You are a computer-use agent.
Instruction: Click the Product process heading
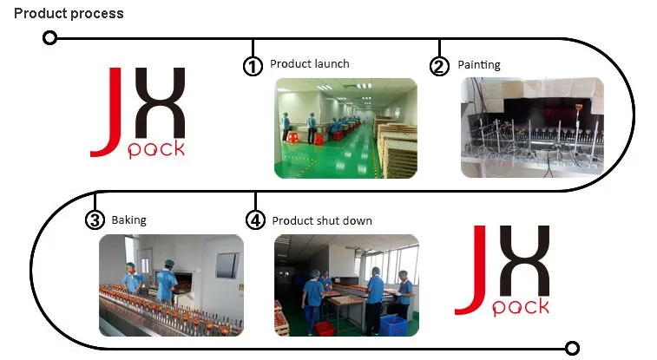69,13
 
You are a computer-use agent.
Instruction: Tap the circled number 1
253,66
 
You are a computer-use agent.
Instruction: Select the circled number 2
439,66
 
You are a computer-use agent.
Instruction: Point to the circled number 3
95,219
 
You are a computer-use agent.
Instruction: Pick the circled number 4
255,219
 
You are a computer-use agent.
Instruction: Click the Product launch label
310,64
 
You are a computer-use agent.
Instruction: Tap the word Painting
479,65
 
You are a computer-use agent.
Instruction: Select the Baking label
129,220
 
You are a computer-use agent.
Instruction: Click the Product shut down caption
322,220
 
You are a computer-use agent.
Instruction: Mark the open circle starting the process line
49,38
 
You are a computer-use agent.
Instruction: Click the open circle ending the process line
572,348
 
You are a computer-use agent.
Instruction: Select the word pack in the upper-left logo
156,149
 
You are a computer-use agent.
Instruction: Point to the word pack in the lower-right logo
521,307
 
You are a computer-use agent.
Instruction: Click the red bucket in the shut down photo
324,328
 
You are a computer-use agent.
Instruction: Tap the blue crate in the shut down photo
393,325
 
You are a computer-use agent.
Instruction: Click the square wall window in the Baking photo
227,265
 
